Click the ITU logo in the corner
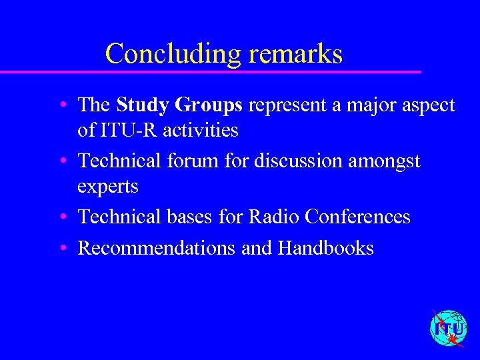(449, 329)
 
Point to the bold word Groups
(211, 105)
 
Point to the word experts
(108, 187)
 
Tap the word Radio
(274, 217)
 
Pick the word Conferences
(357, 217)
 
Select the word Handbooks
(326, 248)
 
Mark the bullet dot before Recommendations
(61, 248)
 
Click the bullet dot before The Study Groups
(61, 105)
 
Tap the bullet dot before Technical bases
(61, 217)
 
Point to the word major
(371, 105)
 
